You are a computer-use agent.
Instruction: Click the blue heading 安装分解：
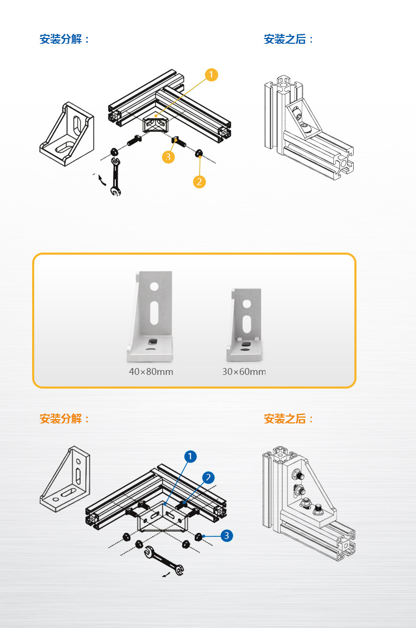[65, 40]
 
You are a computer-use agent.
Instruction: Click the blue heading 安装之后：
[289, 40]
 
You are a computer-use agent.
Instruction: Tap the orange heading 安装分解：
[65, 419]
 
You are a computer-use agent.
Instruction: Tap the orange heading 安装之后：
[289, 419]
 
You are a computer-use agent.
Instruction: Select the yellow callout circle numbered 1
[211, 75]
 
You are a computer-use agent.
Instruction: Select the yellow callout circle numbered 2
[199, 182]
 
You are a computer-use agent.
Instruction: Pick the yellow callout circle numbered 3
[168, 157]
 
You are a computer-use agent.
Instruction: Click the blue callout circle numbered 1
[190, 456]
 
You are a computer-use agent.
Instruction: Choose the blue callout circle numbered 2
[208, 478]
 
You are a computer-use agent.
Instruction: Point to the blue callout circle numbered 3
[226, 536]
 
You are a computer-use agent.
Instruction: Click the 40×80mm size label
[151, 372]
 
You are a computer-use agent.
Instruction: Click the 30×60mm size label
[244, 372]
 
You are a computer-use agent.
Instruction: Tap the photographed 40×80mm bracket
[150, 316]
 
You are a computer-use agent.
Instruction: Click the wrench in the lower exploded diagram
[164, 561]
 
